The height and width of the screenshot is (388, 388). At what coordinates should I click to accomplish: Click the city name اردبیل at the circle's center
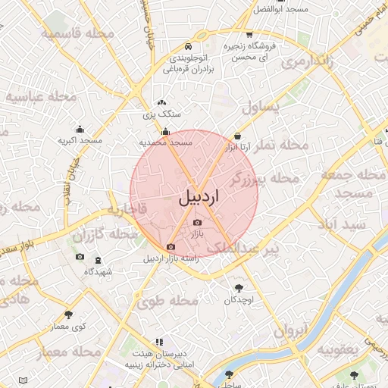tap(199, 198)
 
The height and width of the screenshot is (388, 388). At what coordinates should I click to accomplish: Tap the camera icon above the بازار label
tap(198, 222)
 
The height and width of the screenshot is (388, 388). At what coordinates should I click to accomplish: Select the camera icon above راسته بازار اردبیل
tap(171, 246)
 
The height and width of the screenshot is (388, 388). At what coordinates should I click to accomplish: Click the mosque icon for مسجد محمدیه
tap(165, 131)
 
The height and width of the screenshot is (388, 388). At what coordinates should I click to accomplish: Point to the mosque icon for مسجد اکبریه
tap(80, 129)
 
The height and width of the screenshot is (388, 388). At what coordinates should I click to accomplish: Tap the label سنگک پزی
tap(161, 114)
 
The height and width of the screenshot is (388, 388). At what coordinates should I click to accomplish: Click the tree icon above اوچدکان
tap(240, 287)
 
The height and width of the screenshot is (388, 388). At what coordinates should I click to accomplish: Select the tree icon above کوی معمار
tap(69, 313)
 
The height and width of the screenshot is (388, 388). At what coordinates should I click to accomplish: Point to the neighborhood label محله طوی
tap(167, 301)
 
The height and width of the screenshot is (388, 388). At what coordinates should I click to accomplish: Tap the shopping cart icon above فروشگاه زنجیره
tap(249, 35)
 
